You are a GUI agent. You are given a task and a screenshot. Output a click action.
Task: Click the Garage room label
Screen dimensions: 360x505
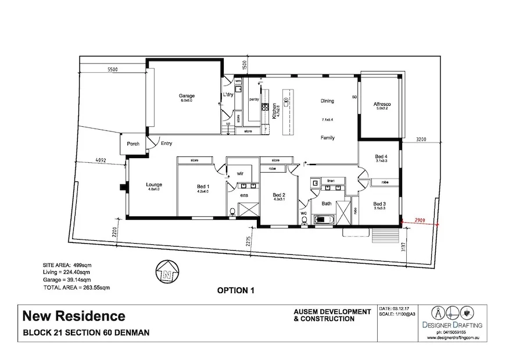click(x=187, y=96)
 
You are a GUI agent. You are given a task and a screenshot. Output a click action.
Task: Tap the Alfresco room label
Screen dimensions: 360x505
click(x=384, y=104)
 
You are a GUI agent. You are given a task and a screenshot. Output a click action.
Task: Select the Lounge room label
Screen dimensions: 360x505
click(x=154, y=186)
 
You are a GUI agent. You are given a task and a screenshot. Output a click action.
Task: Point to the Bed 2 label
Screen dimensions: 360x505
click(x=279, y=195)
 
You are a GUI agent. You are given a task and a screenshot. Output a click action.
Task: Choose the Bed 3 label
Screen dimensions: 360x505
click(x=379, y=204)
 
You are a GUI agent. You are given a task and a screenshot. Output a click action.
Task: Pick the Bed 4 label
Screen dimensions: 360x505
click(x=381, y=156)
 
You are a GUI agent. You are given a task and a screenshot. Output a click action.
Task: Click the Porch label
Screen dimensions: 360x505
click(x=133, y=144)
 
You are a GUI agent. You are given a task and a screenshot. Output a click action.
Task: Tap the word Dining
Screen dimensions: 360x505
click(x=327, y=101)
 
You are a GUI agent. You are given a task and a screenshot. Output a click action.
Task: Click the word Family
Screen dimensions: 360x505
click(x=329, y=138)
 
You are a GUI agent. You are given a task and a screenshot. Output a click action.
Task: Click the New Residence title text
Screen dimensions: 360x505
click(x=73, y=316)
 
